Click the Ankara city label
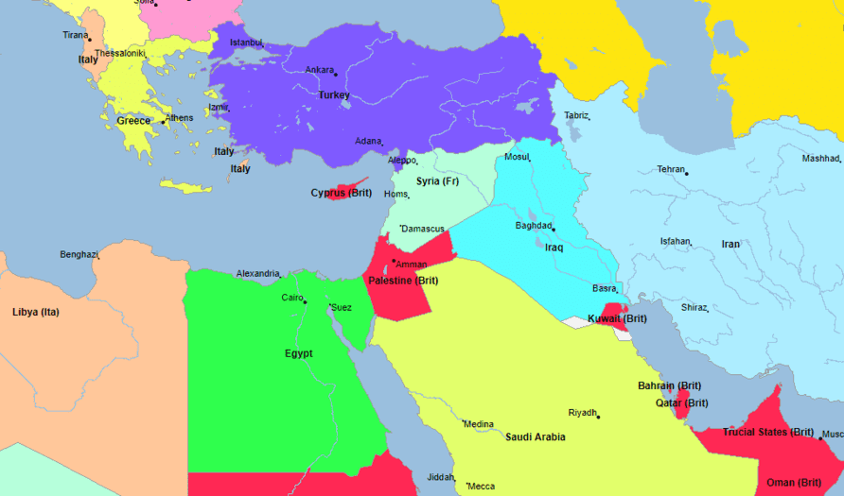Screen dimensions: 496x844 319,70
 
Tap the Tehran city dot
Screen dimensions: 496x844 687,173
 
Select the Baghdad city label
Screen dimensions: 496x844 533,226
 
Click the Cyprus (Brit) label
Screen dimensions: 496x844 342,194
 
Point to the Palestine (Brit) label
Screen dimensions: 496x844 403,281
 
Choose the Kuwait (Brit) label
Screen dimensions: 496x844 617,319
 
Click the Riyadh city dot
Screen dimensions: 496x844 599,416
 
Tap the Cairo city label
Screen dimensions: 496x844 291,298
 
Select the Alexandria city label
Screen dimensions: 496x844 257,273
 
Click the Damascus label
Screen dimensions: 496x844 423,229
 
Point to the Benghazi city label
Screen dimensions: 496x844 79,254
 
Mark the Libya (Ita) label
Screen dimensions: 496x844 35,312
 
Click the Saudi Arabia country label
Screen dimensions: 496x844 536,437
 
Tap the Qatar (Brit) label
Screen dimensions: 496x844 682,403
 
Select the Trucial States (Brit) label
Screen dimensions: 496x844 768,433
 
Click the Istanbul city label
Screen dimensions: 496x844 245,43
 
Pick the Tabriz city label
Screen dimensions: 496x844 575,115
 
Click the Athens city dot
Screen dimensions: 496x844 164,122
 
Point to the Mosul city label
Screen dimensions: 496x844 517,157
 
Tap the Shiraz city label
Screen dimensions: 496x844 694,307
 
